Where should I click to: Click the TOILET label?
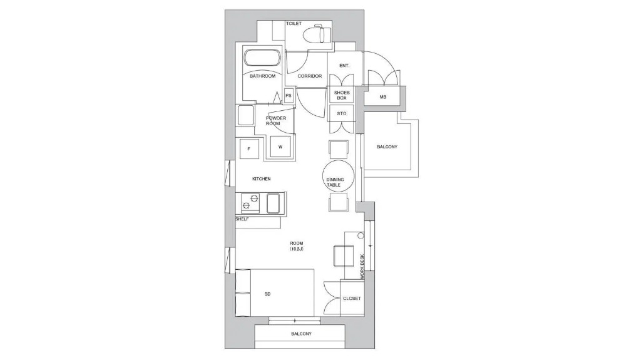tap(294, 23)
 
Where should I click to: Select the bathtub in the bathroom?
tap(262, 58)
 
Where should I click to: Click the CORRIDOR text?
tap(310, 76)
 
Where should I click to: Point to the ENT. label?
tap(345, 66)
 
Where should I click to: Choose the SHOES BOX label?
tap(342, 95)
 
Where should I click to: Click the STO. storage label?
tap(342, 113)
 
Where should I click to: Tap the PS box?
tap(289, 96)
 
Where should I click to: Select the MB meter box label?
tap(383, 98)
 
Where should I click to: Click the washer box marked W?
tap(280, 147)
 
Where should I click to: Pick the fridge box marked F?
tap(249, 149)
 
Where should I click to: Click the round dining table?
tap(339, 176)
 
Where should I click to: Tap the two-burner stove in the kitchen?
tap(250, 203)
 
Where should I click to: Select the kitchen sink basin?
tap(273, 203)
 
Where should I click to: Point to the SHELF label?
tap(242, 219)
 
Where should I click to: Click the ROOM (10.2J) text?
tap(297, 246)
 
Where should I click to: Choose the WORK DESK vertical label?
tap(362, 267)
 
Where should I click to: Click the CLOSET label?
tap(352, 299)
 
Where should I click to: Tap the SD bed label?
tap(268, 294)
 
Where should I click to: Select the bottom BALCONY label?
tap(302, 334)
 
